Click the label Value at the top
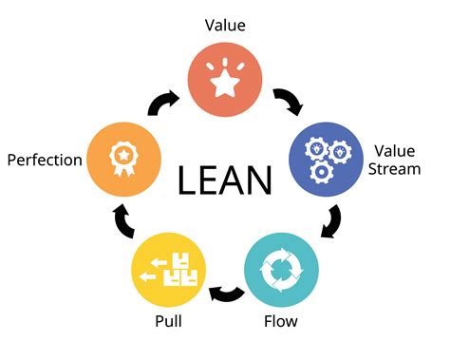[225, 26]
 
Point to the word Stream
[397, 170]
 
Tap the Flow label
[280, 321]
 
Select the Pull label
[169, 321]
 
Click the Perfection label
[44, 160]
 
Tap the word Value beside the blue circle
[396, 151]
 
